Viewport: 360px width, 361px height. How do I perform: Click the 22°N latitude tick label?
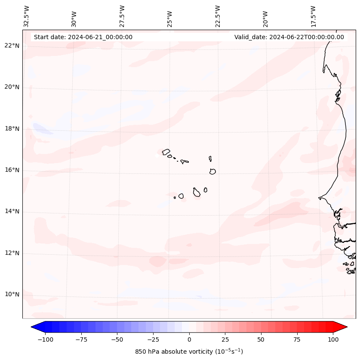tap(12, 46)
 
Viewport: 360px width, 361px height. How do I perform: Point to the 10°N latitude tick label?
tap(12, 295)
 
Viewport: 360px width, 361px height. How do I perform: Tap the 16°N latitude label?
tap(12, 170)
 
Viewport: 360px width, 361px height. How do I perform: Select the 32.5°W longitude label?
tap(27, 16)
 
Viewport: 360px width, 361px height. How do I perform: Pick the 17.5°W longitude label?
tap(313, 16)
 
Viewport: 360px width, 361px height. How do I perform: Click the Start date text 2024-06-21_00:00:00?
tap(83, 37)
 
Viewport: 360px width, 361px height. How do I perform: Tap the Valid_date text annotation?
tap(289, 37)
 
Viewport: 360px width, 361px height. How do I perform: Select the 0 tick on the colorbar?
tap(189, 339)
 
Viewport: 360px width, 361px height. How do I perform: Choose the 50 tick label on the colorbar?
tap(261, 339)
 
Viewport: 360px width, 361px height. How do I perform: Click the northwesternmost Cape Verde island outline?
tap(166, 151)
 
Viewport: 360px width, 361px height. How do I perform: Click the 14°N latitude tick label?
tap(12, 212)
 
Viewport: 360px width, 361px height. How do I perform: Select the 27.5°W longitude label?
tap(122, 16)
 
